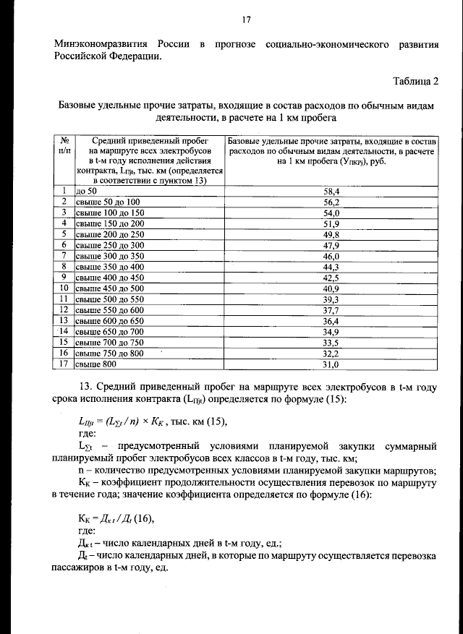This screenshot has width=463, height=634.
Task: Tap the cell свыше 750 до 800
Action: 110,354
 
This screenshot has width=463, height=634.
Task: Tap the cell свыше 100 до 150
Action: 110,213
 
